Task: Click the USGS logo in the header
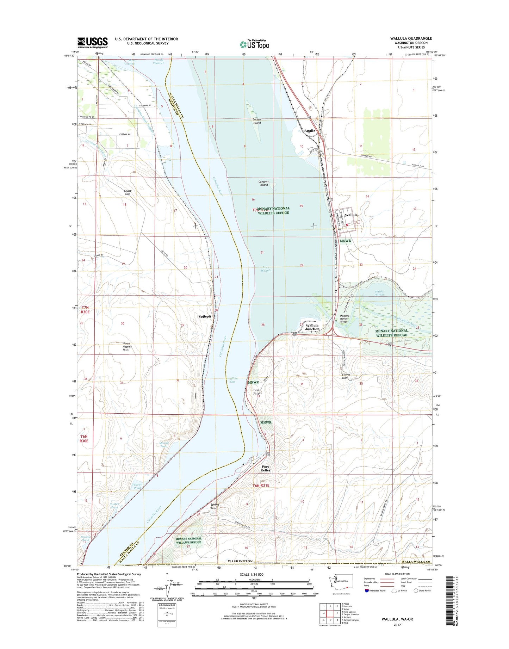click(92, 43)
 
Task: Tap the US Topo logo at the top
click(254, 44)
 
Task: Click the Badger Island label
click(257, 121)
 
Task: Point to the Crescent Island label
click(264, 183)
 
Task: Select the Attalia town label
click(310, 131)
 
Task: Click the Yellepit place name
click(205, 316)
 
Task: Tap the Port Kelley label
click(265, 469)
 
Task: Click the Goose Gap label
click(128, 192)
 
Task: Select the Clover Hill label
click(347, 376)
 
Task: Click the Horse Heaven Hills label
click(127, 347)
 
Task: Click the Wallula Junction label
click(312, 327)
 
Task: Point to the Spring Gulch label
click(215, 506)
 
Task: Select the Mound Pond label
click(164, 445)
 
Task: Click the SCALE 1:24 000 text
click(254, 574)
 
